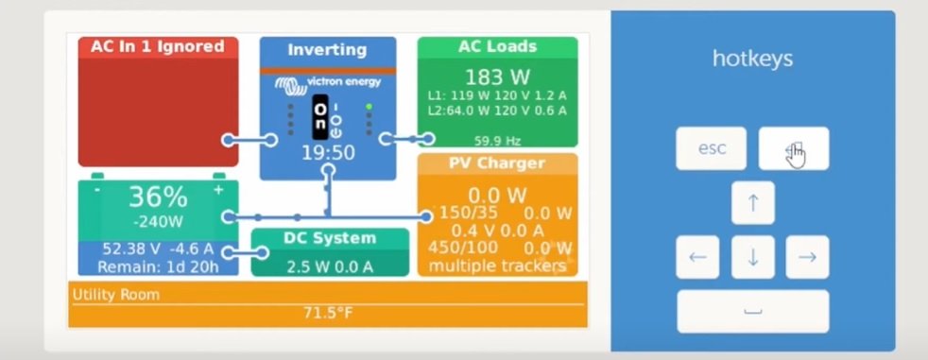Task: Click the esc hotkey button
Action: coord(711,148)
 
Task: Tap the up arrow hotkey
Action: coord(753,202)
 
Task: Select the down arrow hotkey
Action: coord(753,257)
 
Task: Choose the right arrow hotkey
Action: coord(807,257)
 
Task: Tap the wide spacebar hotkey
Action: coord(753,312)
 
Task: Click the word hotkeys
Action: coord(752,59)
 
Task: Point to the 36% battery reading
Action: coord(158,197)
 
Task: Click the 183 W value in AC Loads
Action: coord(497,77)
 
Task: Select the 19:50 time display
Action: coord(328,153)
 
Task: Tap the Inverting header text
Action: coord(327,50)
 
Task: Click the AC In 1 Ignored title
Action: coord(158,47)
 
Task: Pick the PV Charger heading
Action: coord(497,163)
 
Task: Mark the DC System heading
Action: coord(330,238)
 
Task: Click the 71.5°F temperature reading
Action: coord(328,313)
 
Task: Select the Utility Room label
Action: coord(116,295)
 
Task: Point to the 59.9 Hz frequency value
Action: coord(497,141)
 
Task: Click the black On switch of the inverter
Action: coord(320,117)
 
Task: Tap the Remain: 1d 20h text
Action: coord(158,267)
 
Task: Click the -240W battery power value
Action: coord(158,222)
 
